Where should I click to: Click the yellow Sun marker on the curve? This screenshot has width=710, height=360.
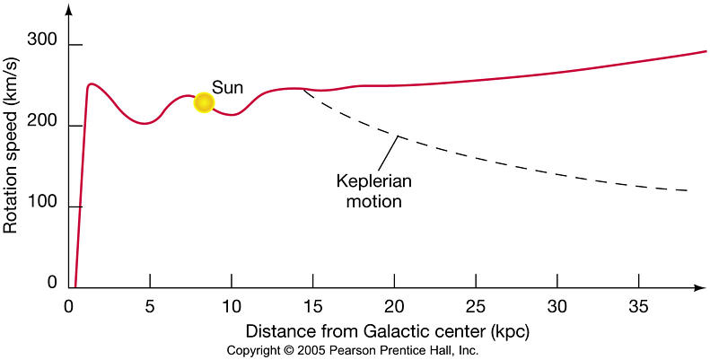(204, 102)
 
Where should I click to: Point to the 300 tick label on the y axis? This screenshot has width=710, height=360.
(41, 40)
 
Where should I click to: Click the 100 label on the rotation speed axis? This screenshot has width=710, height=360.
(41, 206)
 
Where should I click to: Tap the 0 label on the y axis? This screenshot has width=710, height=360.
(52, 283)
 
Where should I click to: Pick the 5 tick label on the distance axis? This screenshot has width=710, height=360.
(150, 305)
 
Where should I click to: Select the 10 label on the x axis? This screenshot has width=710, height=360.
(232, 305)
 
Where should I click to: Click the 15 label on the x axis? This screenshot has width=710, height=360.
(313, 305)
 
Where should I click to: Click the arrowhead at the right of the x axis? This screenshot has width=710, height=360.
(700, 289)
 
